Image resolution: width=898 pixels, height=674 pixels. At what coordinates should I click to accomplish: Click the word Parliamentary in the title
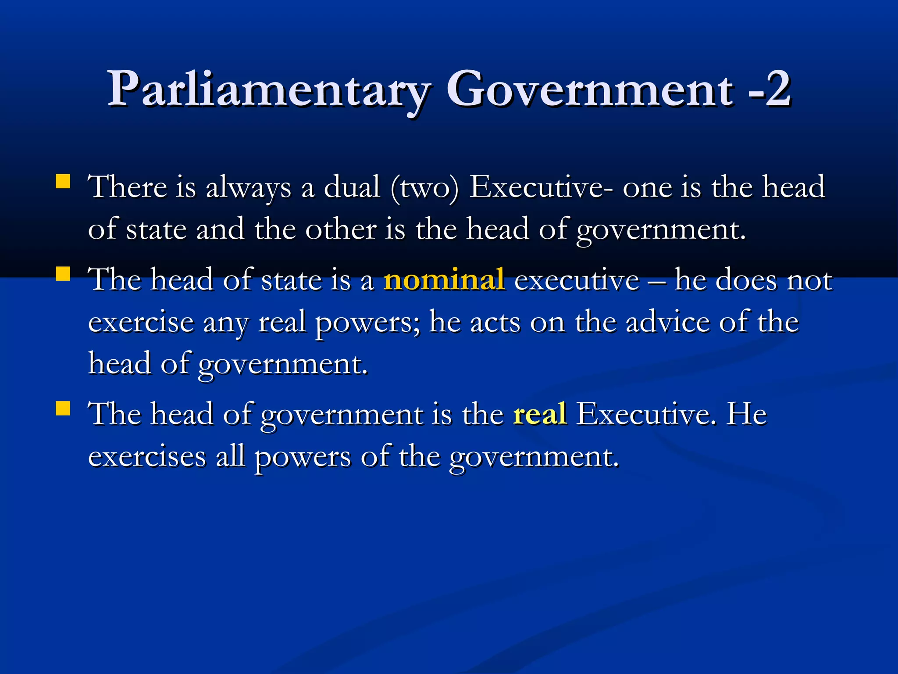269,90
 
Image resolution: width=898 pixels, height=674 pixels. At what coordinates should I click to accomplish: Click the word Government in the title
590,90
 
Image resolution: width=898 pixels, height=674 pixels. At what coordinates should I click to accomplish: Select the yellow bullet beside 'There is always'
63,182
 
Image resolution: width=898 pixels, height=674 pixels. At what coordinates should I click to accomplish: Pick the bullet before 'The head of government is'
63,409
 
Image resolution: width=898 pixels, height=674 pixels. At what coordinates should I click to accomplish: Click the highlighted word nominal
444,279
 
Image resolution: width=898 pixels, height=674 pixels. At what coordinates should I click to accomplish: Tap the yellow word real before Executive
540,414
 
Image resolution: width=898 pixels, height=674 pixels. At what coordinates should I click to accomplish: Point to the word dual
352,187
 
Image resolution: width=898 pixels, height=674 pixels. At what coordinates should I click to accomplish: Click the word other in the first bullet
341,229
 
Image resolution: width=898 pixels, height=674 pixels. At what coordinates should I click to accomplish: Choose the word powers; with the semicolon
367,323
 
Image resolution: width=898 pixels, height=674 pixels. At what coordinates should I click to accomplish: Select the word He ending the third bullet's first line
746,414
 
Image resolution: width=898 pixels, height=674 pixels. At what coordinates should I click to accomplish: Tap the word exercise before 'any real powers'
141,323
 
